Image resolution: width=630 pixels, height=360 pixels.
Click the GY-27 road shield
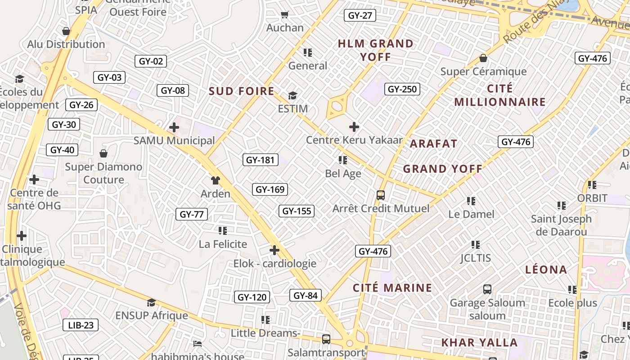[360, 16]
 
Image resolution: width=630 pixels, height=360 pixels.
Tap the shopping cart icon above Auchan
[284, 15]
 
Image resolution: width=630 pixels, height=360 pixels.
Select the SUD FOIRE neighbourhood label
[241, 91]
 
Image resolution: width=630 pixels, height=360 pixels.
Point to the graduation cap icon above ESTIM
[292, 95]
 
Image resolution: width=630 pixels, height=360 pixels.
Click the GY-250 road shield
[402, 89]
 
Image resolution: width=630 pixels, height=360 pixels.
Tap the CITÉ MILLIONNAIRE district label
[499, 95]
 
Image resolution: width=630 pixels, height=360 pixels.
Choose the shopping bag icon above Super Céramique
[483, 58]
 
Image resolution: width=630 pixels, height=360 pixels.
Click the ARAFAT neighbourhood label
[433, 144]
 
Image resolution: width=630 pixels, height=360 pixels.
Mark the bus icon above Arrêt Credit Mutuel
[381, 195]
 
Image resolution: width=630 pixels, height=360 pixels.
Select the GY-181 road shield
[261, 160]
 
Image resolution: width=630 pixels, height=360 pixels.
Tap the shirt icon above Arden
[216, 180]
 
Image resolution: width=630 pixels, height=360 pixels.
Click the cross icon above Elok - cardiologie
[274, 250]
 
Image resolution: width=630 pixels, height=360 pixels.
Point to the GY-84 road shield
[306, 296]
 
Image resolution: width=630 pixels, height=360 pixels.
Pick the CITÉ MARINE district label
[392, 288]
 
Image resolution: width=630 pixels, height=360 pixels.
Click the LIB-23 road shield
[81, 325]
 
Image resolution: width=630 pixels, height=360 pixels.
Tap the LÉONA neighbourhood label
[546, 270]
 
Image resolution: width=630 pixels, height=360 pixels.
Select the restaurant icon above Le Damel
[471, 201]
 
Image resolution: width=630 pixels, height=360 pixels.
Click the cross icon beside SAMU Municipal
[174, 127]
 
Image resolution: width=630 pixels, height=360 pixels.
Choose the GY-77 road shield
[192, 214]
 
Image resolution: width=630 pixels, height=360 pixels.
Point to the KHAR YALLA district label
[479, 342]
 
